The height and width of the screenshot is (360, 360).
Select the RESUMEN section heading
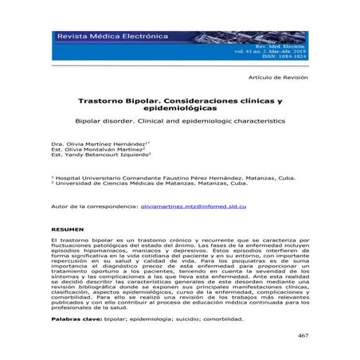pos(66,227)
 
